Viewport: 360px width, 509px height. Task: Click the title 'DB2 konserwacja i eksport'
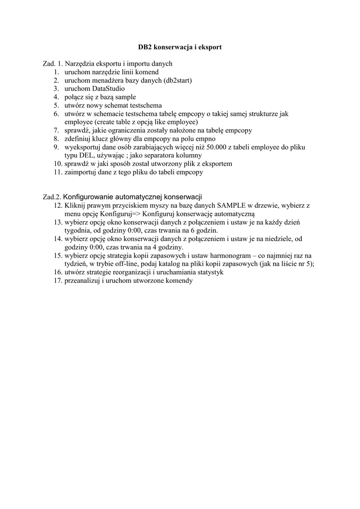[180, 47]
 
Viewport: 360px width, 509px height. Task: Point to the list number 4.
[56, 97]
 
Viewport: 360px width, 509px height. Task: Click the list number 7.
[56, 130]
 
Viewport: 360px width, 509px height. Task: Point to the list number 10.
[56, 164]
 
